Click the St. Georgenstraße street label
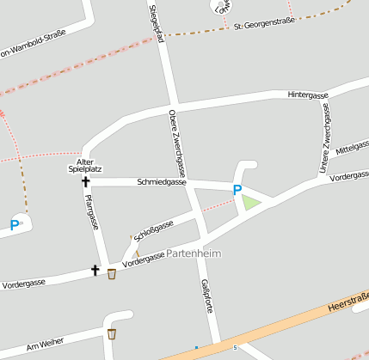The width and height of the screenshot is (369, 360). [264, 24]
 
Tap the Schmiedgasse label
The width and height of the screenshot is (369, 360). [162, 182]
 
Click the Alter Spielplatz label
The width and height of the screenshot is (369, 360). [84, 166]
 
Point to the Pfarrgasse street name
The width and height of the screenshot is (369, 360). [91, 212]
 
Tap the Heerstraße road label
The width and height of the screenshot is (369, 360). [347, 303]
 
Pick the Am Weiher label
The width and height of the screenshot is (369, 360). [45, 344]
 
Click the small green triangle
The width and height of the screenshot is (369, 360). [249, 203]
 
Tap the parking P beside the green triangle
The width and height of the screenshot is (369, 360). [237, 191]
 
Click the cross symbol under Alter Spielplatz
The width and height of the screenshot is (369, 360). [85, 181]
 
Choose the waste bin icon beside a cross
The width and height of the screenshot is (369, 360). [112, 274]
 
